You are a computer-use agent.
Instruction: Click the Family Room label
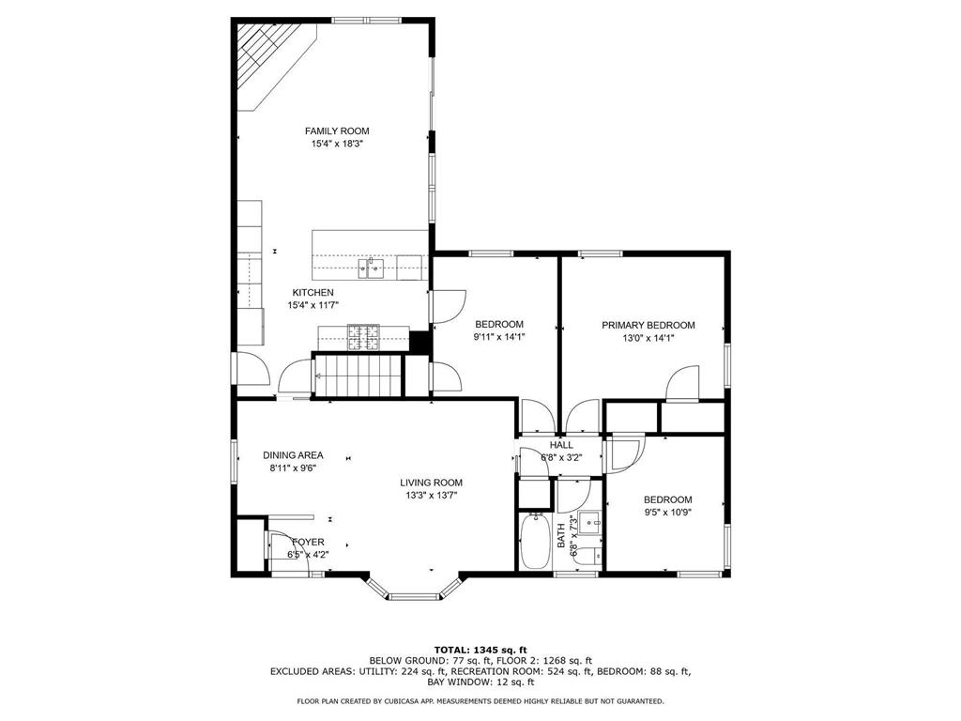(337, 130)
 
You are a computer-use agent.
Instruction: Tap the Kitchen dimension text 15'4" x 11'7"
(313, 305)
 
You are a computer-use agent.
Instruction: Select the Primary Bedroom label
(648, 325)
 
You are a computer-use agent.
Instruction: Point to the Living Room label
(431, 483)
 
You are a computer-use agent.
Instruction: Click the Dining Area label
(293, 455)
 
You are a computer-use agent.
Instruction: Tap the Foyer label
(308, 542)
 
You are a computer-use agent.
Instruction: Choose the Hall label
(561, 445)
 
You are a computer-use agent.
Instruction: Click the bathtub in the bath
(535, 542)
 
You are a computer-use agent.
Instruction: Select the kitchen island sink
(372, 268)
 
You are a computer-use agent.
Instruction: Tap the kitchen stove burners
(363, 337)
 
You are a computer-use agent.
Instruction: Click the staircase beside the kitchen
(358, 376)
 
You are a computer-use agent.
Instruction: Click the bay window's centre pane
(414, 596)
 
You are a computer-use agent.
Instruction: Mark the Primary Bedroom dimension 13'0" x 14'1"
(648, 338)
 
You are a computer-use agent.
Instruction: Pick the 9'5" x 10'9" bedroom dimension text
(668, 513)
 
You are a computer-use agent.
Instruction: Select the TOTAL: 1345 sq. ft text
(480, 650)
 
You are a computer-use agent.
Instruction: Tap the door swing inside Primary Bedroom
(682, 384)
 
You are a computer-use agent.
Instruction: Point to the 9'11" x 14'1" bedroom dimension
(499, 337)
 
